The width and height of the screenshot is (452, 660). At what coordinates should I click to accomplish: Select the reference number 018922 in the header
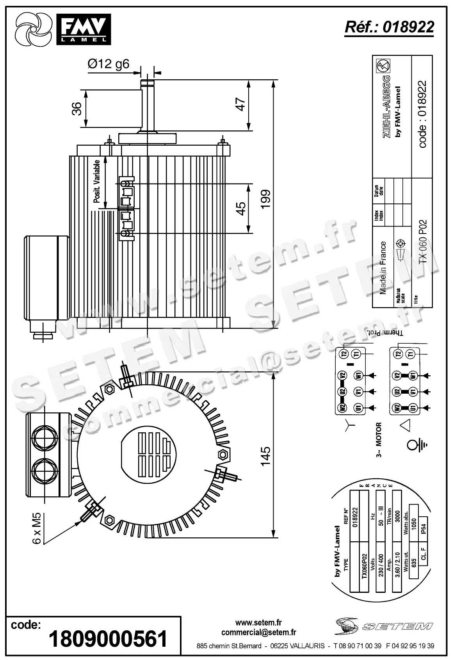pos(389,27)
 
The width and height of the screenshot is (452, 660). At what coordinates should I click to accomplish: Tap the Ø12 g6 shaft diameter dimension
pos(108,64)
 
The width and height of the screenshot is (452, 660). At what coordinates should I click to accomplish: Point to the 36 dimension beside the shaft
pos(77,108)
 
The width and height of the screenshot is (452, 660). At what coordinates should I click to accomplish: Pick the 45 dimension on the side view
pos(241,208)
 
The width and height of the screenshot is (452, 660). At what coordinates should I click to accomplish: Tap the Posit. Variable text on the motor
pos(97,181)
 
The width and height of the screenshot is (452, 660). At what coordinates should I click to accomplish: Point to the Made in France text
pos(383,268)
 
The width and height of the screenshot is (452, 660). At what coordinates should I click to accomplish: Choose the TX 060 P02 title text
pos(423,242)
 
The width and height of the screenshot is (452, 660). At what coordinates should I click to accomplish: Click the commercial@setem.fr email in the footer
pos(258,632)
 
